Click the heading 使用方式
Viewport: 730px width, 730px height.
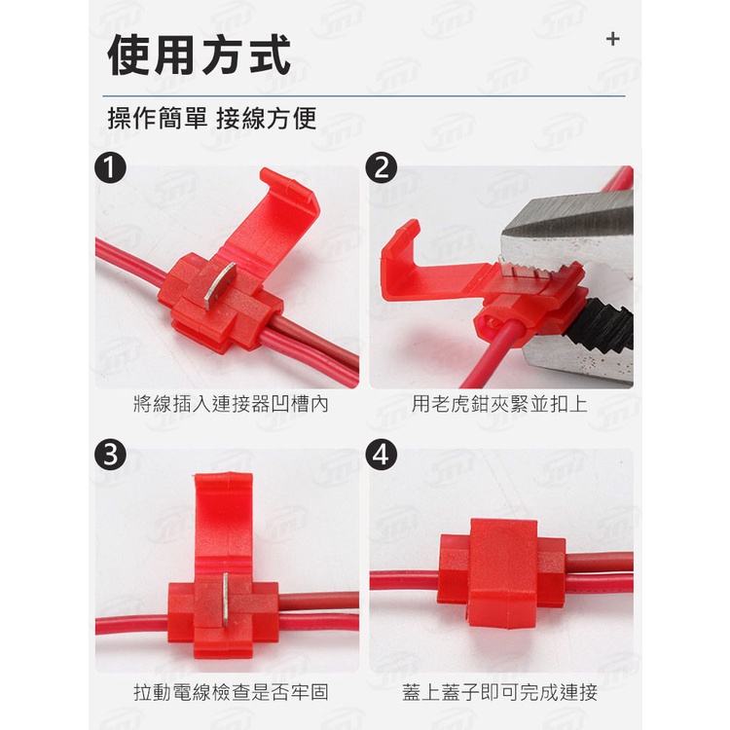(199, 55)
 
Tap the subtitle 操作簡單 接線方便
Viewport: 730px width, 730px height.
(212, 118)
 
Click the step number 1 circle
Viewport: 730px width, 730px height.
(110, 167)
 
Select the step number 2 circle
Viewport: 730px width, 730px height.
(382, 167)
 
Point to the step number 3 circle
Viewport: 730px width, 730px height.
(110, 455)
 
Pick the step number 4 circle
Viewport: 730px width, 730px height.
(382, 455)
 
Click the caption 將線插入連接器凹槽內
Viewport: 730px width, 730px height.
(231, 404)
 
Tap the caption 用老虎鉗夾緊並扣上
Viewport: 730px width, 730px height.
(499, 404)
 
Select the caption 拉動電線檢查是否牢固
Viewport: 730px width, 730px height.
(231, 692)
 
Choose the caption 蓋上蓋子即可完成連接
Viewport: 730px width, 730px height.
(499, 692)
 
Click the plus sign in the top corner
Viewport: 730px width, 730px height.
(612, 39)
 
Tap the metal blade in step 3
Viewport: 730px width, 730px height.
(226, 600)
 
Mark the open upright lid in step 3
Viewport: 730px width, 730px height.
(224, 522)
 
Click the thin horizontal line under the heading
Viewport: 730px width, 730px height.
(364, 96)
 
